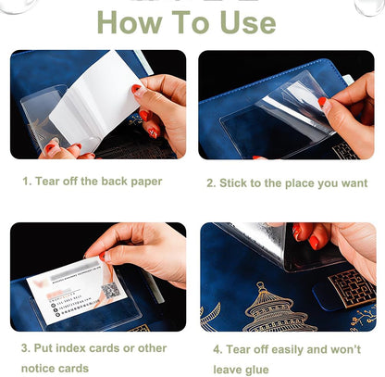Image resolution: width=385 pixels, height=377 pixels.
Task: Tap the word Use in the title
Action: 241,21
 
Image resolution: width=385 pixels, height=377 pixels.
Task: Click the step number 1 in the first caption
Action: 26,182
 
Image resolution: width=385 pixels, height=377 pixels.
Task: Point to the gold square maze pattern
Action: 351,287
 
